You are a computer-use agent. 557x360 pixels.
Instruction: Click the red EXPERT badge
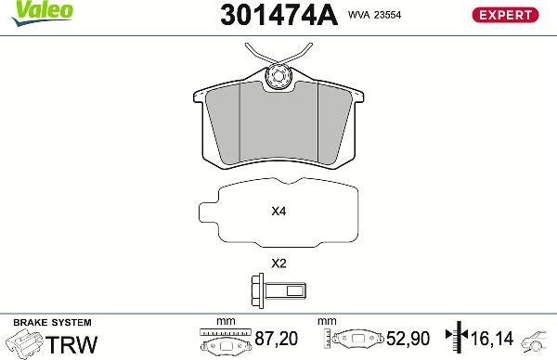[506, 15]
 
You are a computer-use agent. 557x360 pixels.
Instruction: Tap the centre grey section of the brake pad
[278, 130]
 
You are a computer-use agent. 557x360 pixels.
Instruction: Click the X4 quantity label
[278, 212]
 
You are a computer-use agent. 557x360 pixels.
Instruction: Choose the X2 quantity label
[278, 263]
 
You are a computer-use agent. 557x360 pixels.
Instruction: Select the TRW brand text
[72, 344]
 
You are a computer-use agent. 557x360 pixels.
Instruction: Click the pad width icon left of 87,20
[226, 341]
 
